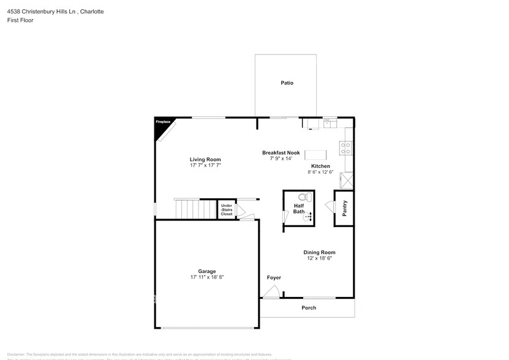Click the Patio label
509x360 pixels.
[x=287, y=83]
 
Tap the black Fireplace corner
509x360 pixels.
[x=161, y=124]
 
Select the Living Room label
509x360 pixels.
[x=205, y=159]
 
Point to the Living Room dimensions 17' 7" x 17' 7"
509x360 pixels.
[x=205, y=165]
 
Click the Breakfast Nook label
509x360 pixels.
[x=281, y=152]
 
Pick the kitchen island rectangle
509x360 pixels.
[x=317, y=155]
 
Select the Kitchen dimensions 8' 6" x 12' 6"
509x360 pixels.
[x=320, y=173]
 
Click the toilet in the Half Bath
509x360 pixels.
[x=301, y=197]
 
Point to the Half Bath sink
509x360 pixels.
[x=308, y=216]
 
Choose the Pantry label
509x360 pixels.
[x=345, y=208]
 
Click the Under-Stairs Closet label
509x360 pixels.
[x=227, y=209]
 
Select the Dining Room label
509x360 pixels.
[x=320, y=252]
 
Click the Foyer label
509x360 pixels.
[x=274, y=278]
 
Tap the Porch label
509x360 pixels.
[x=309, y=308]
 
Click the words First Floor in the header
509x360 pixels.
[x=21, y=20]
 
